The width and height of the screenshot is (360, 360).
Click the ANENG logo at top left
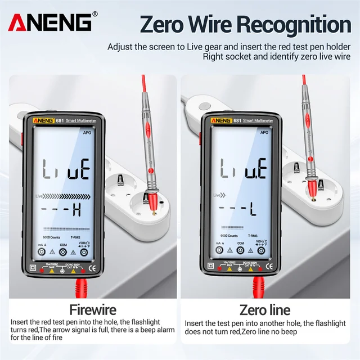[50, 22]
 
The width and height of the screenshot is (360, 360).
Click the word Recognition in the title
[291, 25]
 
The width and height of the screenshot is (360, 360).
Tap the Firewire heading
[92, 310]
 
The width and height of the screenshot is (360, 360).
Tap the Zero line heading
[265, 310]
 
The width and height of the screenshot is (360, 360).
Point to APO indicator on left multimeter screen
[87, 133]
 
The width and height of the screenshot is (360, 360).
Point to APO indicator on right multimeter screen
[264, 133]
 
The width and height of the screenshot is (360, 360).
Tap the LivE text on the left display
[64, 167]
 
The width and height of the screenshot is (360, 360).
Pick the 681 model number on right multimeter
[237, 120]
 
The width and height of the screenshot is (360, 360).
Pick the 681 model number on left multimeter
[60, 120]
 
